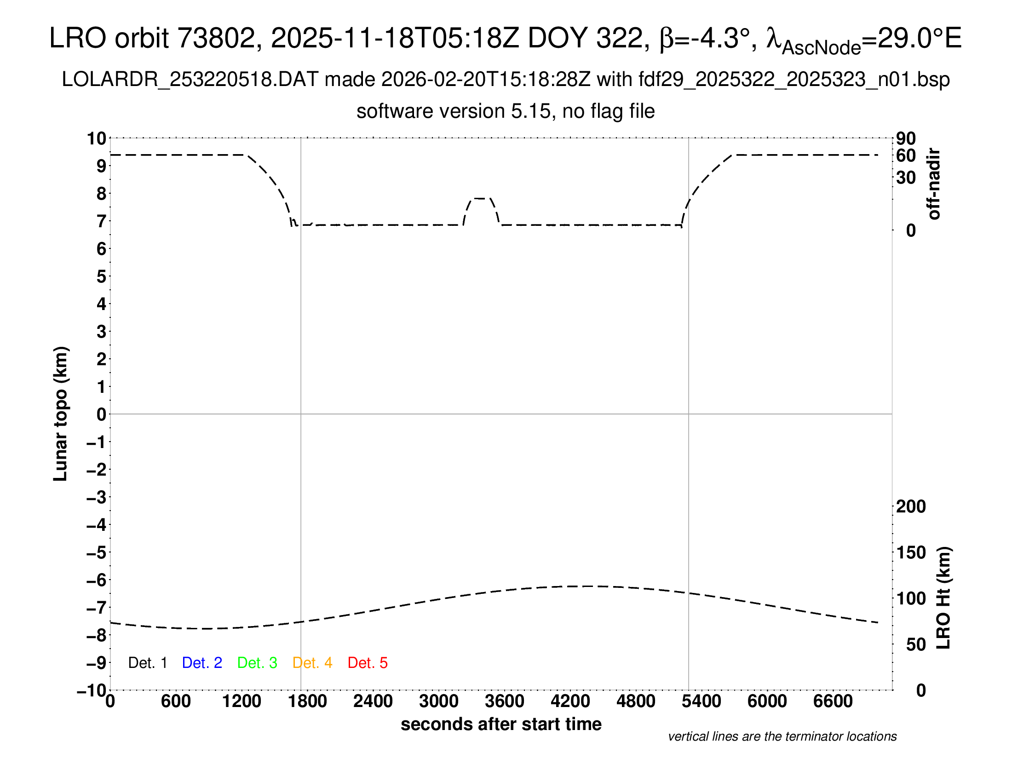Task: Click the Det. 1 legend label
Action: tap(147, 663)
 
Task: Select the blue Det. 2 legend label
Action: tap(202, 663)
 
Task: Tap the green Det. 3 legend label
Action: tap(257, 663)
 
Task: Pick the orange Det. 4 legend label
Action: tap(312, 663)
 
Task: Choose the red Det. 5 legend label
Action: tap(368, 663)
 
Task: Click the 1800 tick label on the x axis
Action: tap(307, 701)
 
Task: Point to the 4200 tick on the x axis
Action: tap(570, 701)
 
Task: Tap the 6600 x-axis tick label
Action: tap(833, 701)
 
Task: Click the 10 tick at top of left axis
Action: tap(97, 138)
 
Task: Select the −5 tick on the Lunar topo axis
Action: tap(97, 552)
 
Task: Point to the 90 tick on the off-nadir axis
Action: tap(906, 138)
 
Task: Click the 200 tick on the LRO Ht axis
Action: tap(911, 506)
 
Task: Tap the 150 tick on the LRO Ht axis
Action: tap(911, 552)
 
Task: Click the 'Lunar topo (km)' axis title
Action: tap(61, 414)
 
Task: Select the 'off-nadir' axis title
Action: tap(934, 184)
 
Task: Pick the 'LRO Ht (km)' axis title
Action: tap(943, 598)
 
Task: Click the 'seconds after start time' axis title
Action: tap(501, 724)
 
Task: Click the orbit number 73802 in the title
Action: tap(216, 38)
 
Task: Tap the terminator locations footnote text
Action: tap(782, 736)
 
